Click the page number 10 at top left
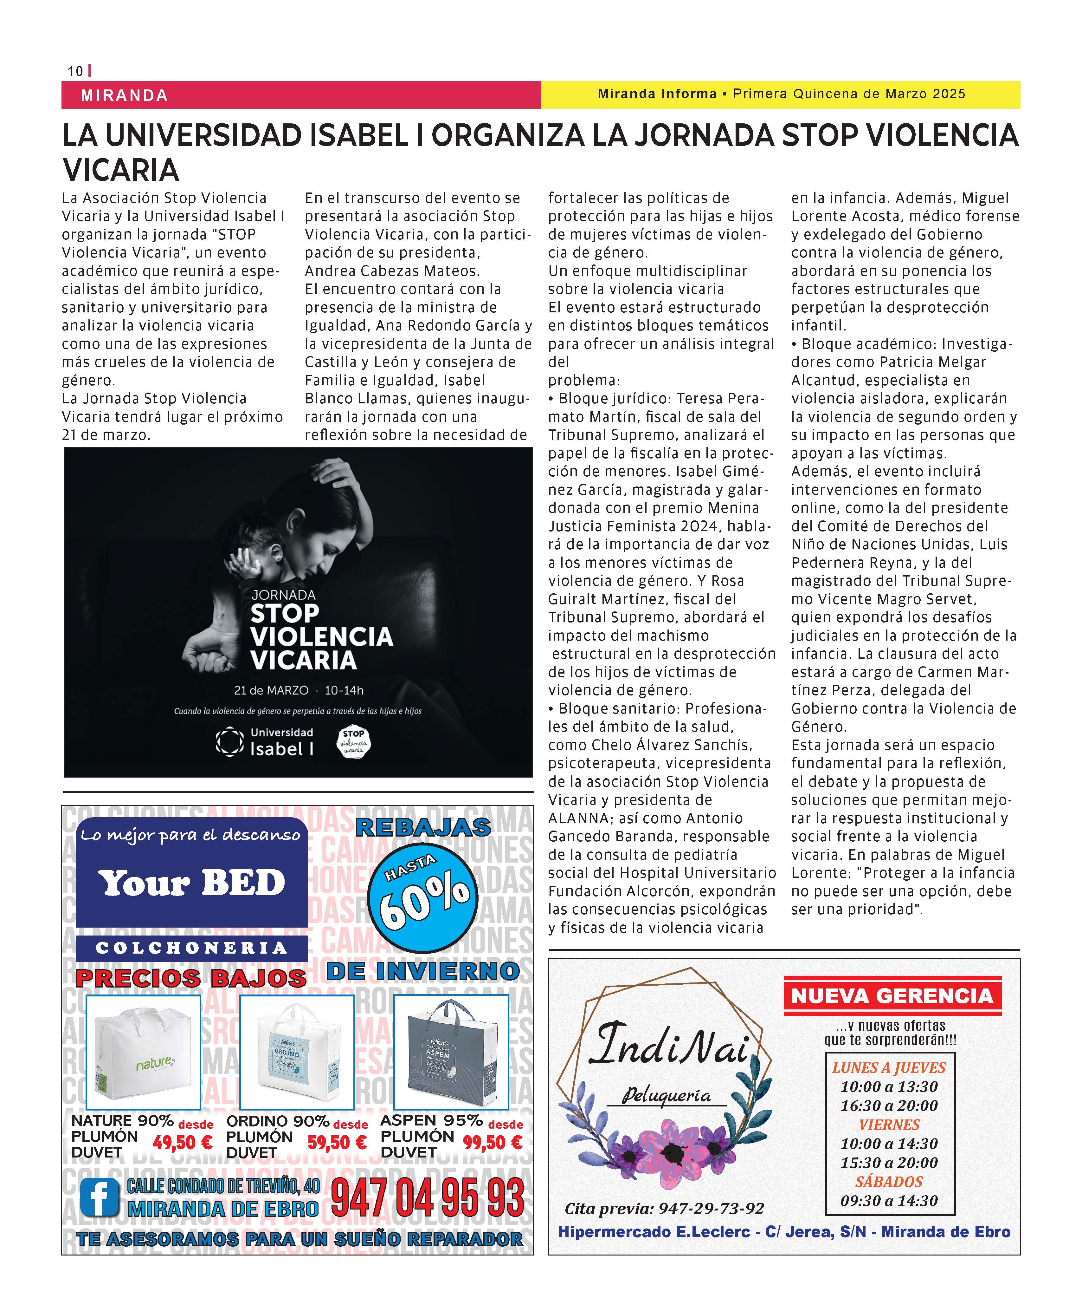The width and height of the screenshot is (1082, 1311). coord(75,71)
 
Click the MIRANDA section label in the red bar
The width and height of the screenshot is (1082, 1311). coord(124,95)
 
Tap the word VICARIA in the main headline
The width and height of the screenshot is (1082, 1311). coord(121,170)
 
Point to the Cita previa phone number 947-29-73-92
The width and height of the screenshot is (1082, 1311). coord(711,1209)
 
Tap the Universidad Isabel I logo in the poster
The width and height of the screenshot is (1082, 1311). coord(265,742)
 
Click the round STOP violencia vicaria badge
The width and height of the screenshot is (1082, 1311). coord(353,742)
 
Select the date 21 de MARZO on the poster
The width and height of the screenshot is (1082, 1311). coord(271,690)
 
